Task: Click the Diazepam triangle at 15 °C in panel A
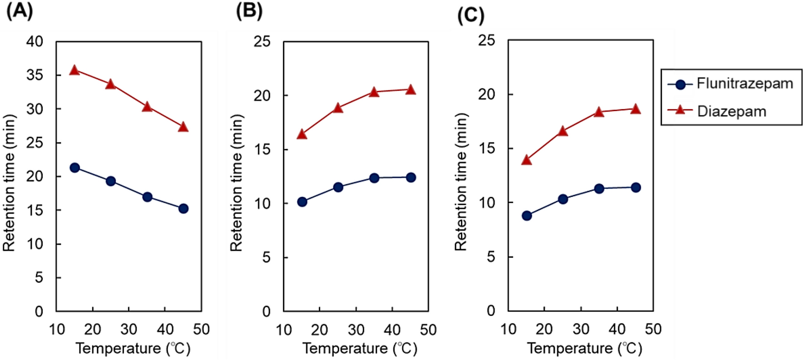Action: [74, 70]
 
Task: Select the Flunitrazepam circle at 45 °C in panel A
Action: [184, 208]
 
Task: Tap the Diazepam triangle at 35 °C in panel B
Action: [374, 92]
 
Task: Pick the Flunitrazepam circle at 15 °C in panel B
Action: [302, 202]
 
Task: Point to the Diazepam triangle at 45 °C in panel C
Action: [635, 109]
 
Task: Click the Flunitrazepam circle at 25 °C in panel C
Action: [563, 199]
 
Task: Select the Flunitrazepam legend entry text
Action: [745, 84]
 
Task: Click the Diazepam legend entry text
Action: [732, 111]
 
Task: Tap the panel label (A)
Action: [20, 10]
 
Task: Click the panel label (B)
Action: [249, 10]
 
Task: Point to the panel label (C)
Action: [471, 15]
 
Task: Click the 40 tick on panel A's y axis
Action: [35, 42]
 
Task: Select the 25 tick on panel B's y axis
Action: [262, 42]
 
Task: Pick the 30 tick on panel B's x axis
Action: [356, 330]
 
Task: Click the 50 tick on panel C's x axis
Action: [653, 329]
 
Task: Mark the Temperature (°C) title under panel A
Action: [133, 349]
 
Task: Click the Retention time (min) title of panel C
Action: [461, 182]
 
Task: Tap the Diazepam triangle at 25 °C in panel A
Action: [110, 84]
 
